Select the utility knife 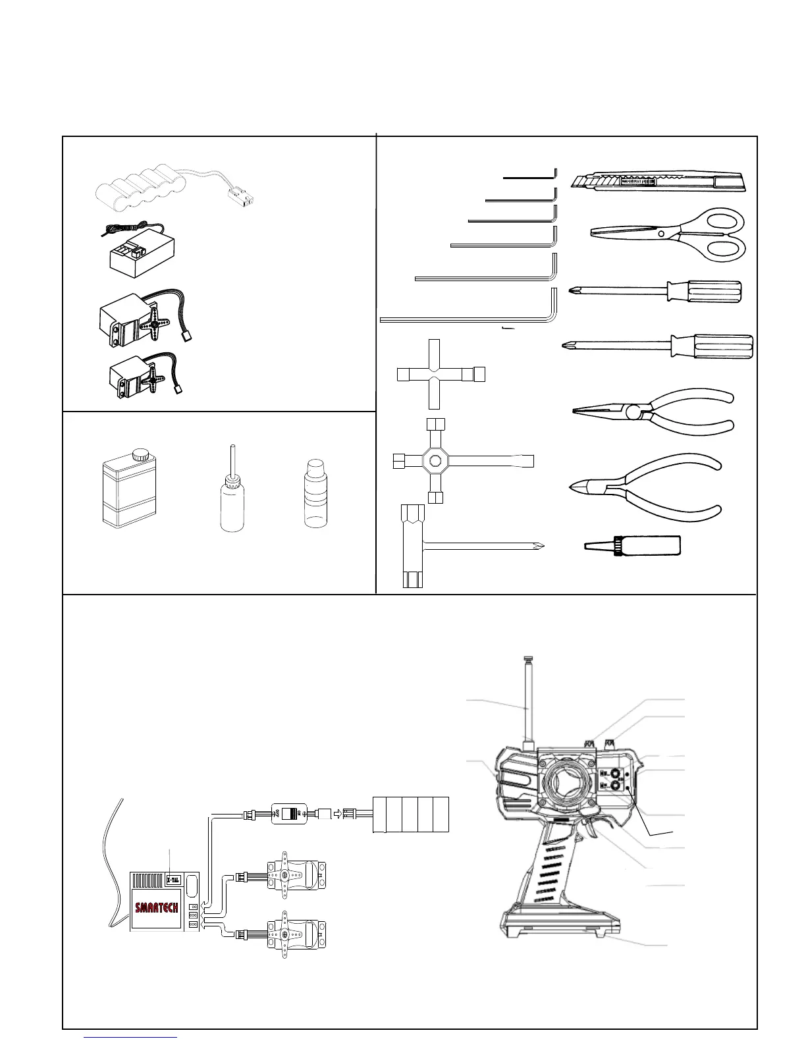click(x=658, y=181)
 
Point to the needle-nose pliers click(x=652, y=412)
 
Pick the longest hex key click(x=468, y=319)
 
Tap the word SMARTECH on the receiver click(x=157, y=907)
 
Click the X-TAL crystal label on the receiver click(x=173, y=879)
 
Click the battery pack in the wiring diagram click(x=411, y=814)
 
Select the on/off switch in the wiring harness click(x=290, y=813)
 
